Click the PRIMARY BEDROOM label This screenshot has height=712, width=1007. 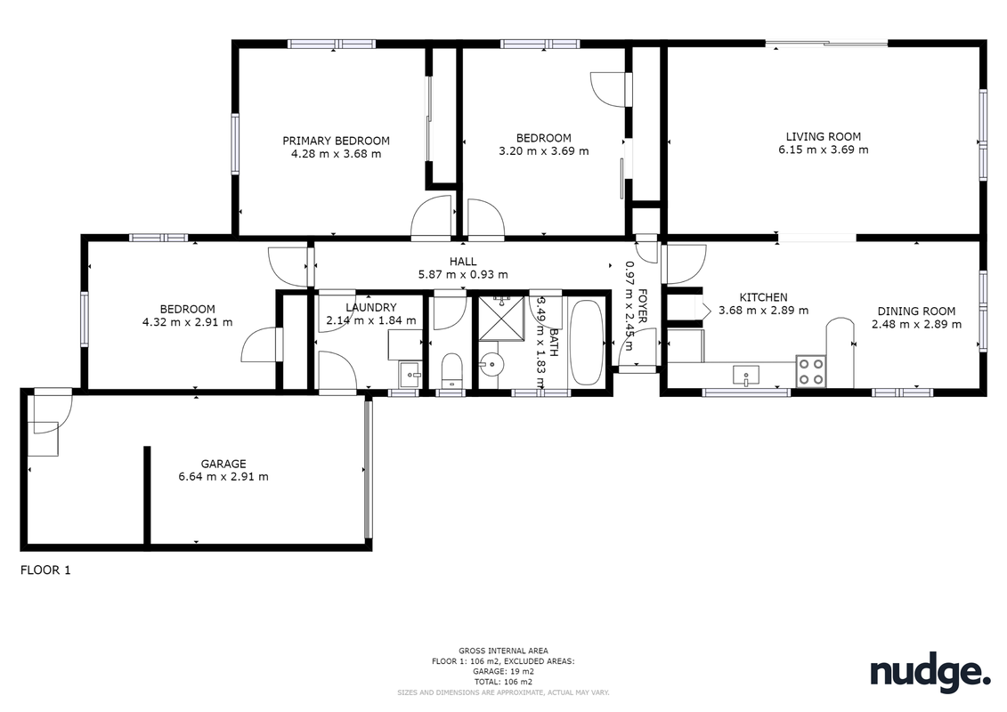coord(336,141)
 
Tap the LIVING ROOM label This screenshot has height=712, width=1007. coord(824,136)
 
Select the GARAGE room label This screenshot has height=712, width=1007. coord(223,464)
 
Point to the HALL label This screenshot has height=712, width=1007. coord(463,262)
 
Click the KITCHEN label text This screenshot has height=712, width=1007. coord(764,297)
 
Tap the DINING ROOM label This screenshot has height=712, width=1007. coord(916,311)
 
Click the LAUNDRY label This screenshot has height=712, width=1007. coord(371,308)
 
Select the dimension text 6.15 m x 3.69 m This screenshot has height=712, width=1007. coord(824,150)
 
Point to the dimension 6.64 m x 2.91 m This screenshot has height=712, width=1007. coord(223,477)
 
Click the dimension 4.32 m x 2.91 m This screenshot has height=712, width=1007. coord(188,322)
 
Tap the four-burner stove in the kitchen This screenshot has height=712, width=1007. coord(810,372)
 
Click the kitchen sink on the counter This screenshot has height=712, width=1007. coord(745,375)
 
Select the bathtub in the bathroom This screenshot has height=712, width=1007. coord(587,342)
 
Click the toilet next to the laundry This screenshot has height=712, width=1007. coord(452,370)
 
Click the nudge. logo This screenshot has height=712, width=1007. coord(930,672)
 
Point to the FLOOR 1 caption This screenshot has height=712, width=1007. coord(45,570)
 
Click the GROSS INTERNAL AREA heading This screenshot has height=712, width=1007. coord(504,651)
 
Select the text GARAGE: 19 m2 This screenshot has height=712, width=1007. coord(504,672)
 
